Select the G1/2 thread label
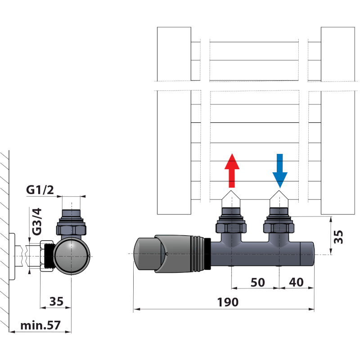tap(40, 190)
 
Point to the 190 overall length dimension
tap(229, 302)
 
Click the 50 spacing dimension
tap(257, 282)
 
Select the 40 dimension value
tap(295, 282)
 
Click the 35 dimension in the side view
tap(56, 301)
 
